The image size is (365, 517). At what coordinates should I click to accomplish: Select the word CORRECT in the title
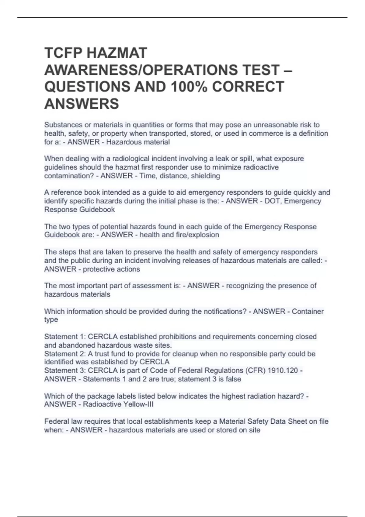248,87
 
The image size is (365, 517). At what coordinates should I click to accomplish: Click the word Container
308,311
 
